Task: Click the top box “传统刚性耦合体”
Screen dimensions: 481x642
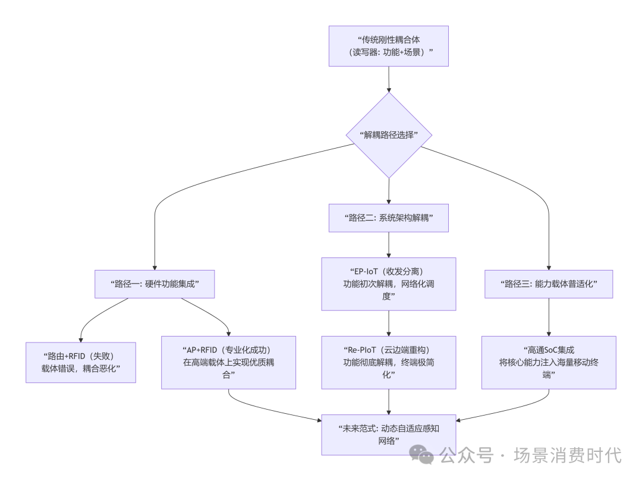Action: pos(388,46)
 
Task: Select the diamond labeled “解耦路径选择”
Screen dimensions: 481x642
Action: pos(389,135)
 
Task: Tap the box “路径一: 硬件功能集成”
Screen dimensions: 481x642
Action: pos(155,284)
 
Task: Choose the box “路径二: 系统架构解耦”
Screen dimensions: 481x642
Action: pos(388,218)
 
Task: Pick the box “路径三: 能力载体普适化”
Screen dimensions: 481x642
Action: pos(548,284)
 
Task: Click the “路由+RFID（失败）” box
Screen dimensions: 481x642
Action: pos(81,362)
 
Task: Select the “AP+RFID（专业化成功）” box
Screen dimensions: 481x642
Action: pos(229,362)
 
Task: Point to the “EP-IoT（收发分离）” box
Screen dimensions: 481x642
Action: pos(388,284)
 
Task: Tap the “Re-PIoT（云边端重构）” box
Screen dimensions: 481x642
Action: pos(388,362)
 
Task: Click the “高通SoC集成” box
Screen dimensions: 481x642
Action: pos(548,362)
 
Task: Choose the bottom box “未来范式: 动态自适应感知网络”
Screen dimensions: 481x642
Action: pos(388,435)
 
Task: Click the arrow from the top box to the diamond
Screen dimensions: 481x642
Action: pos(389,78)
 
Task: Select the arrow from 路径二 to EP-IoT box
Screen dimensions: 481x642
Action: pos(389,244)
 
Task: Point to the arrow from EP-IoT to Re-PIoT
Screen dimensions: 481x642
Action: pos(389,323)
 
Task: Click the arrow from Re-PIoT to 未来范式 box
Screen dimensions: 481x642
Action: pos(389,401)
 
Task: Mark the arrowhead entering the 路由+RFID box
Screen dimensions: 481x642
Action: pos(81,339)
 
